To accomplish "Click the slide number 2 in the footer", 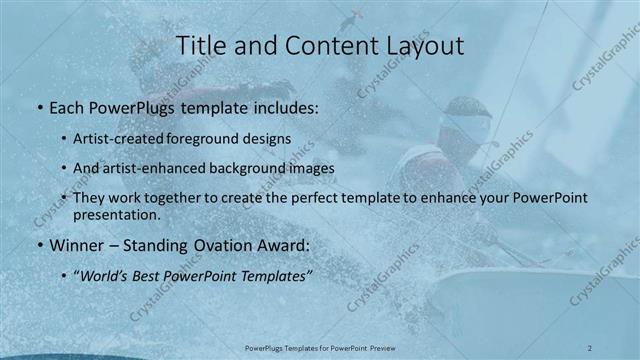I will (591, 347).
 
